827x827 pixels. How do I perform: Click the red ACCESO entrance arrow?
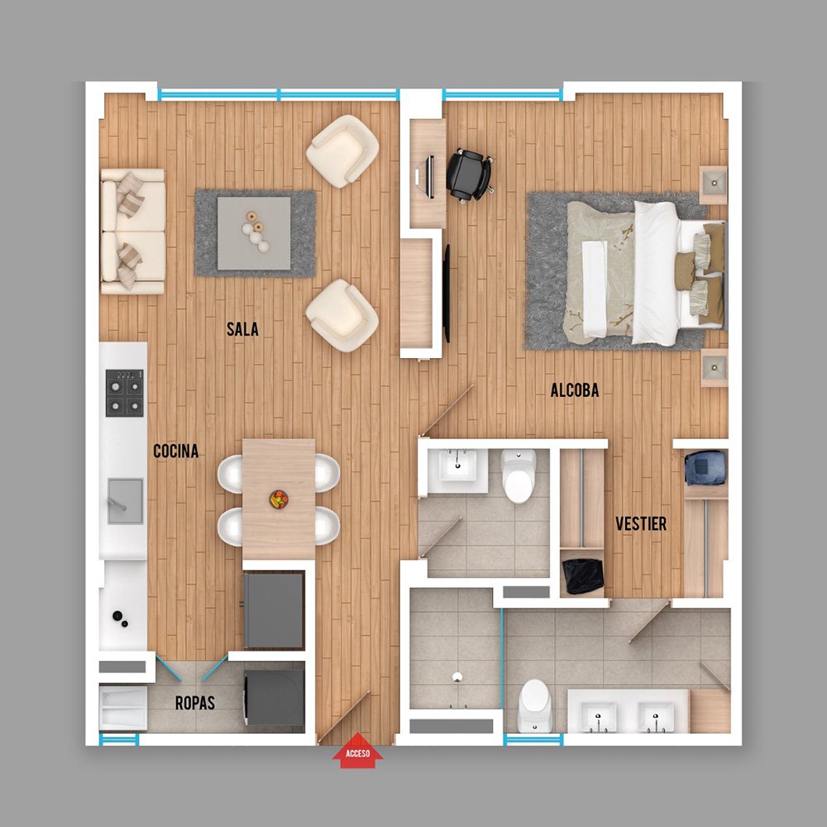[357, 751]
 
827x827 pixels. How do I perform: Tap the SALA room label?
[242, 329]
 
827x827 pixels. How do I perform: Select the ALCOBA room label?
[575, 390]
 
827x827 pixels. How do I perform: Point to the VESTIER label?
[641, 523]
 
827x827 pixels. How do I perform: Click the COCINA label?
[175, 451]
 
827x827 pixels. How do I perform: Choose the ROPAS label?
[195, 703]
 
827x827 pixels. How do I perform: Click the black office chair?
[470, 175]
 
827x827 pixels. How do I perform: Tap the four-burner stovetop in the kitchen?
[125, 393]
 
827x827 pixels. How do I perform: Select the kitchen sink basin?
[125, 501]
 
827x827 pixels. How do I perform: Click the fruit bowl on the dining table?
[279, 499]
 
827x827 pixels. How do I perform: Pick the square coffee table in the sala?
[254, 233]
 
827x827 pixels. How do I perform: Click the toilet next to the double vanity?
[534, 705]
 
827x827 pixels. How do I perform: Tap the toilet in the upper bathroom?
[519, 476]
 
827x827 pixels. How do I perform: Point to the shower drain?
[457, 676]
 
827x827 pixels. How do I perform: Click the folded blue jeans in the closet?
[705, 468]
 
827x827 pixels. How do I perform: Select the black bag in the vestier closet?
[583, 576]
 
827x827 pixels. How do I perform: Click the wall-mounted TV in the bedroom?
[447, 294]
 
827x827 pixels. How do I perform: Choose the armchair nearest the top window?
[342, 151]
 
